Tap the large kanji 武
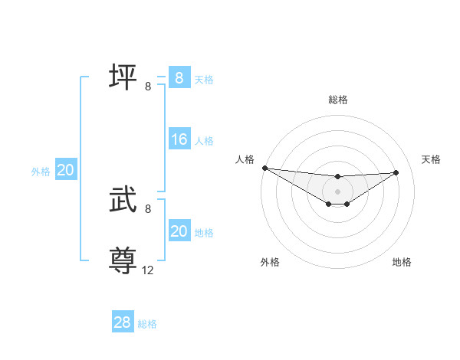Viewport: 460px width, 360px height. click(123, 201)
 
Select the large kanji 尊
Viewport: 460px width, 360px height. click(123, 260)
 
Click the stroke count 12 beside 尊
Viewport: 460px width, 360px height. click(148, 270)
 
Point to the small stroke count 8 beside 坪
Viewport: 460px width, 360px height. click(148, 87)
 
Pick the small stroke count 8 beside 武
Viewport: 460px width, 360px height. click(148, 208)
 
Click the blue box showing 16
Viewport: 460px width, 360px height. click(179, 139)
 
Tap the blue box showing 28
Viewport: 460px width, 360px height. click(123, 322)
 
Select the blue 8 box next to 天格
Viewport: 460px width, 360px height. click(179, 77)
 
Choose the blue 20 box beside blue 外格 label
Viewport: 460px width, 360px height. click(66, 171)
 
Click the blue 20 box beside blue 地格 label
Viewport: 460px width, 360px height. click(179, 231)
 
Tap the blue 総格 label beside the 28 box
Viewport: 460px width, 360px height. click(147, 324)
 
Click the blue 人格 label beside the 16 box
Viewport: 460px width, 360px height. click(204, 141)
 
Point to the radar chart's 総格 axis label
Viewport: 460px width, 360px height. click(338, 100)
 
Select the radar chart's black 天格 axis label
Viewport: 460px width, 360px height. click(432, 159)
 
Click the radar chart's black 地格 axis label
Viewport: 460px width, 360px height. click(402, 263)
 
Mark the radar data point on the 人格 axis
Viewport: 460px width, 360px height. click(264, 167)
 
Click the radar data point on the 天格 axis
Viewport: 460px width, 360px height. click(396, 172)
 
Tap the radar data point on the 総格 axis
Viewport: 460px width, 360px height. click(338, 177)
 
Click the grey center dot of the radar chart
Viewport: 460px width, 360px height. click(338, 191)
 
